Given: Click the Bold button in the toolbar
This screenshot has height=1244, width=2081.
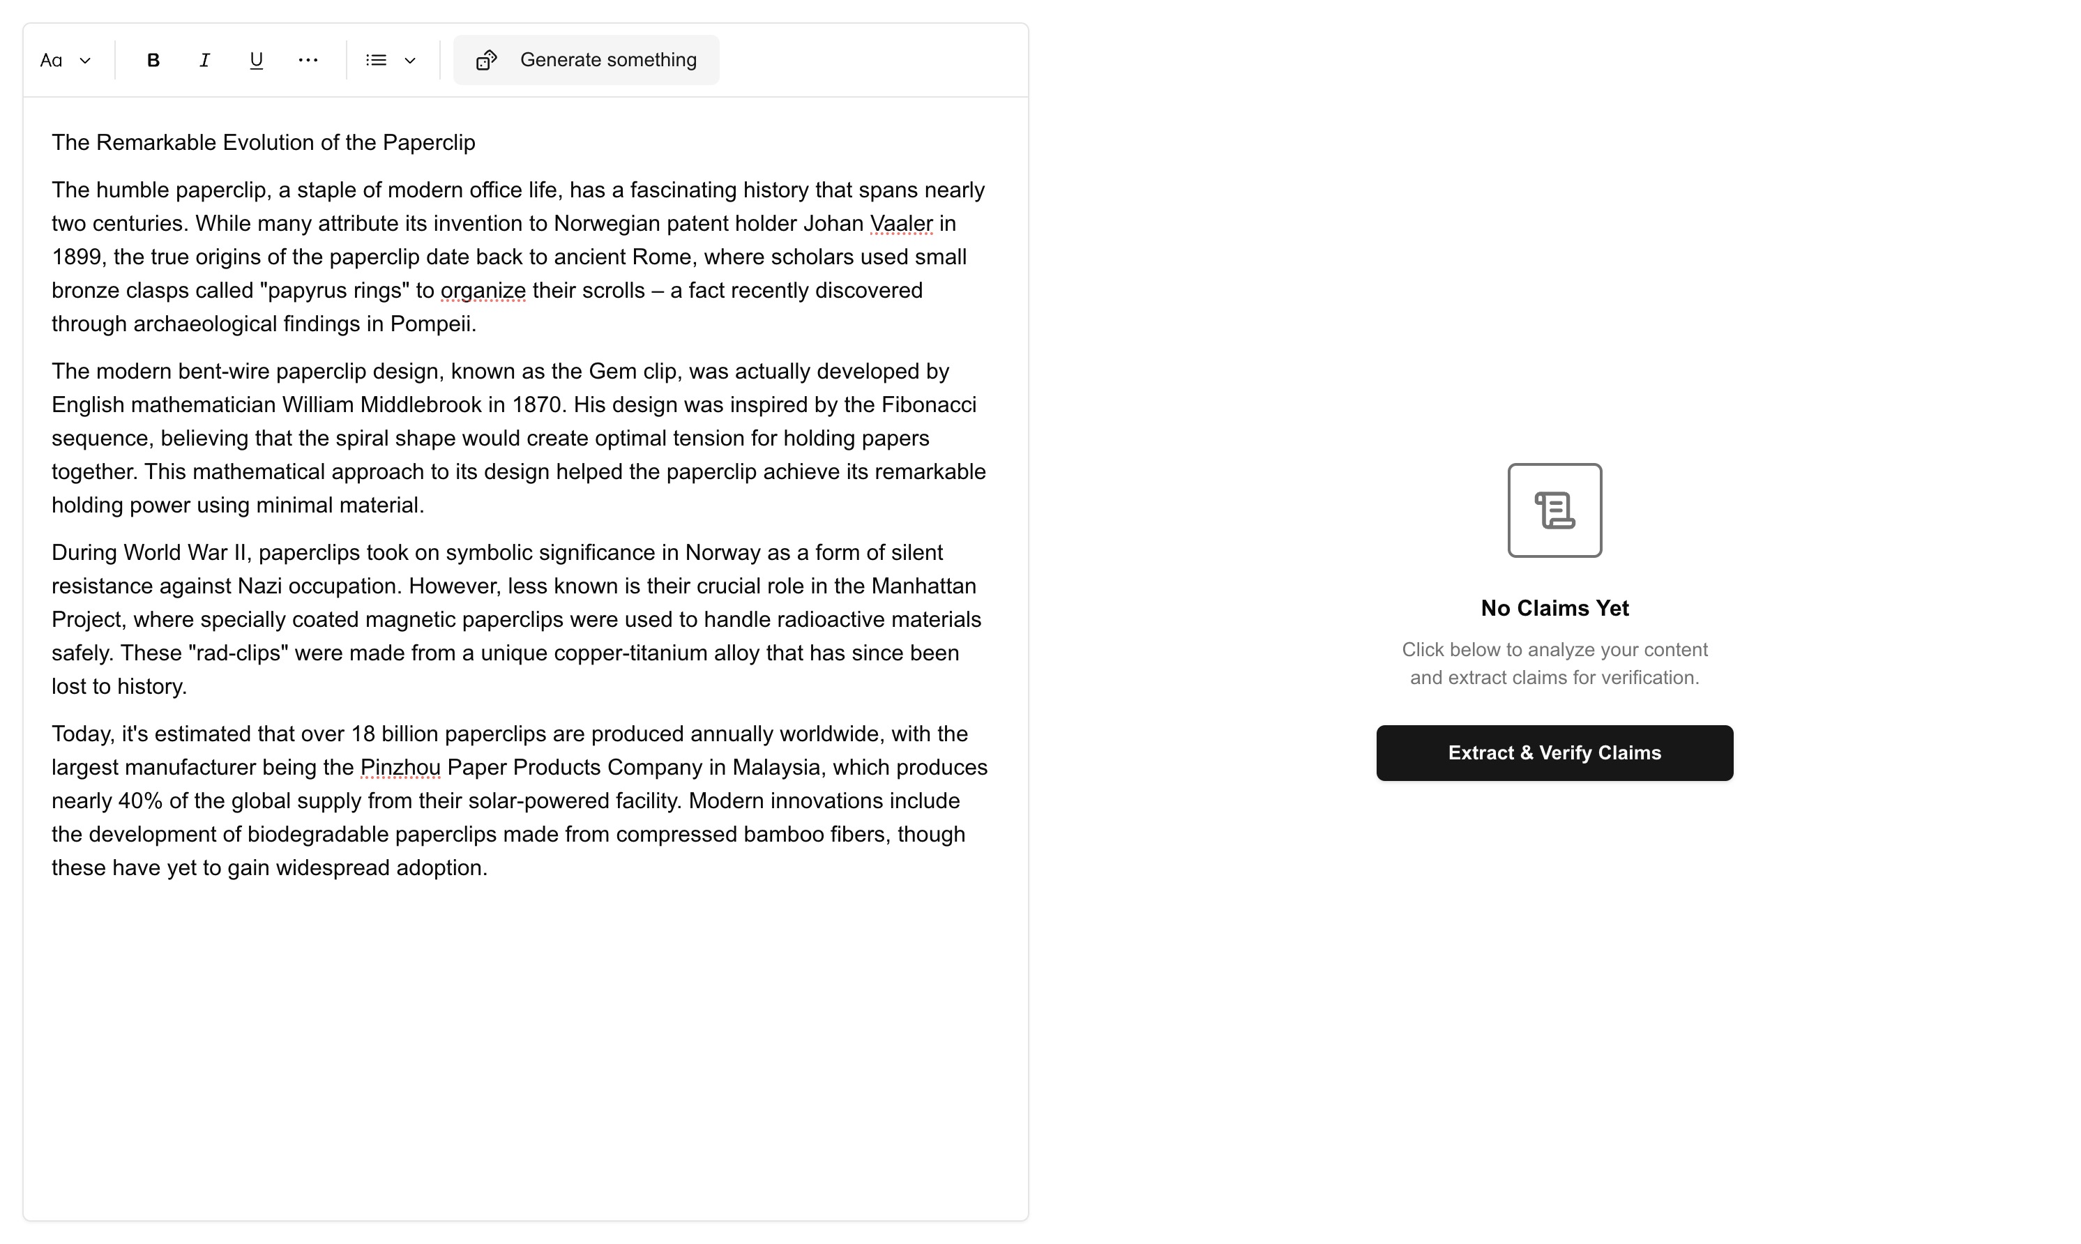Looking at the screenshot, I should tap(153, 61).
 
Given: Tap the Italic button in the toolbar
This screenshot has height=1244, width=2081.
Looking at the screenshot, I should tap(204, 61).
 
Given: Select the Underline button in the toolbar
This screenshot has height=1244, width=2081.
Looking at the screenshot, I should tap(257, 61).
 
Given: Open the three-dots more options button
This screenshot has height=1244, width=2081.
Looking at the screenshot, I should tap(308, 61).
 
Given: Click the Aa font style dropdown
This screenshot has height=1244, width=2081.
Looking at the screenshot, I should tap(66, 61).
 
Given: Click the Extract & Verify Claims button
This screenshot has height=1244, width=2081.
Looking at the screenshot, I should tap(1554, 753).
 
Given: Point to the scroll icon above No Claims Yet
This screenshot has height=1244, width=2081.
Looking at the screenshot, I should tap(1554, 510).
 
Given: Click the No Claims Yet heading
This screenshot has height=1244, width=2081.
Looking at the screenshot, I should tap(1554, 609).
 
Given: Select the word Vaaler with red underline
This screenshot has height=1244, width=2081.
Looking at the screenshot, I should tap(901, 224).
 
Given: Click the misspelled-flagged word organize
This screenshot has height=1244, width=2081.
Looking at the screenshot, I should tap(483, 291).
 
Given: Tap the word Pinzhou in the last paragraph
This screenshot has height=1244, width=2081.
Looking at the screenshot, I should tap(400, 768).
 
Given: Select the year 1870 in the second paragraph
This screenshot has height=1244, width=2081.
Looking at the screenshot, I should tap(536, 405).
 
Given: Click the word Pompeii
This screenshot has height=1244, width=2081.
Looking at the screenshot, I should tap(432, 324).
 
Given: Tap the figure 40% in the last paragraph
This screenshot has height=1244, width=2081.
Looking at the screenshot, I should tap(140, 801).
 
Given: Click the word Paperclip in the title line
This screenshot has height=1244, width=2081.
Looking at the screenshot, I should tap(428, 142).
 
